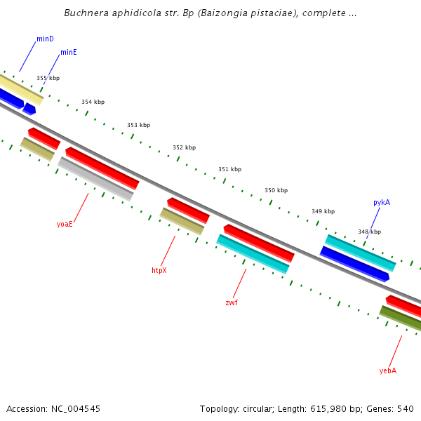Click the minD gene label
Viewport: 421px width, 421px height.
(x=45, y=39)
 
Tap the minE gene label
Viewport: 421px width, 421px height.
(x=69, y=52)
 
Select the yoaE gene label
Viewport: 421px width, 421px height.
(x=65, y=225)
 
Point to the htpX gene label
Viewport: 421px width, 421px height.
(x=159, y=270)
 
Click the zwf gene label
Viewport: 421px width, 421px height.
(x=231, y=302)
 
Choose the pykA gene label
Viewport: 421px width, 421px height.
(x=382, y=202)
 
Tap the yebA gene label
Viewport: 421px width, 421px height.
(x=387, y=370)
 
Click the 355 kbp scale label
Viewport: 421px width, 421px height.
(x=48, y=78)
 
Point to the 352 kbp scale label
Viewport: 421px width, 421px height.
(x=184, y=147)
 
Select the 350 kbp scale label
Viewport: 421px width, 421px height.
(x=276, y=190)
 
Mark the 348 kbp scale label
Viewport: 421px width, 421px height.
(x=369, y=232)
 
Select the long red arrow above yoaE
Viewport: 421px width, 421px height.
(x=102, y=168)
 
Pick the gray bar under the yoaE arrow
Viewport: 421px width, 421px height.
(x=95, y=179)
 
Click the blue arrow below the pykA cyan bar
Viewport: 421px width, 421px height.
(x=354, y=264)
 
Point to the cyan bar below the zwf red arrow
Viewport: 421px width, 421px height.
(x=253, y=254)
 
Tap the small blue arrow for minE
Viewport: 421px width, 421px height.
(x=29, y=109)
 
